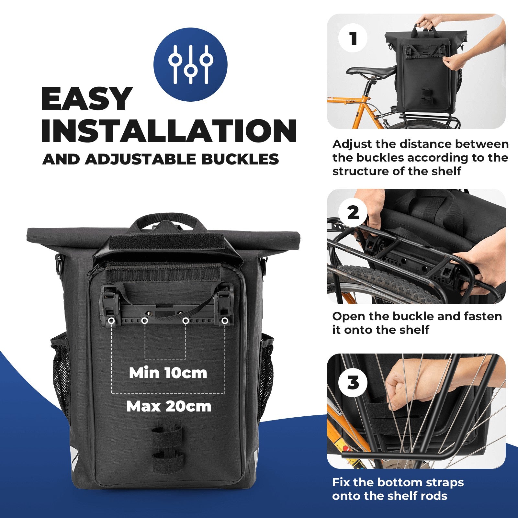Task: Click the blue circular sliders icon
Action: [x=190, y=64]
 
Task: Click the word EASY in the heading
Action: [x=87, y=99]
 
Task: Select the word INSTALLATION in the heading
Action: [x=169, y=130]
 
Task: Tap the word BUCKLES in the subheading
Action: [x=240, y=159]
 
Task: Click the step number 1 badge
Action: [x=353, y=39]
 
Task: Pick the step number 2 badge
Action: [x=353, y=213]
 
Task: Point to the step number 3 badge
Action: [x=353, y=383]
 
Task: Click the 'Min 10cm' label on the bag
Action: [x=168, y=373]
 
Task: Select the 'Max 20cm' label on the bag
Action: [x=169, y=406]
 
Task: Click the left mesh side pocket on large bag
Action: [x=61, y=372]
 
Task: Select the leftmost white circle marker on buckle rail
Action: [x=111, y=321]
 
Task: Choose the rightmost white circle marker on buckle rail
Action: [x=225, y=321]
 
